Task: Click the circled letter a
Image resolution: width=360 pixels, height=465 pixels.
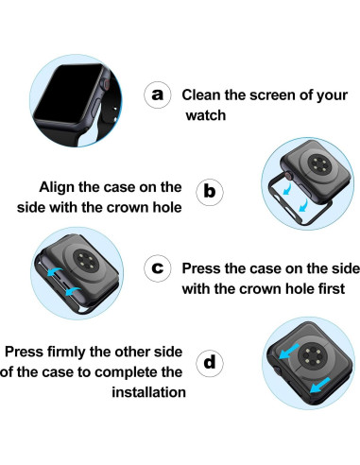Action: (158, 95)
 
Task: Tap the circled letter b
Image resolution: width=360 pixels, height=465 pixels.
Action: (210, 192)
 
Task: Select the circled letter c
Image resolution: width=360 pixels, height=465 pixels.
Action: (158, 268)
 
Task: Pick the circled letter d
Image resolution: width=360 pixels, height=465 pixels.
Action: (210, 363)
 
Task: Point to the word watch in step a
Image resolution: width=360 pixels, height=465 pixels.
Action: (206, 115)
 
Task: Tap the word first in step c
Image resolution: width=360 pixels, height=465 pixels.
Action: (332, 288)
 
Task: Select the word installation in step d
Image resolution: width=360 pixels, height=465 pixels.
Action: (148, 392)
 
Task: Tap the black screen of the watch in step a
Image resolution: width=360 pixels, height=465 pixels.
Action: (69, 93)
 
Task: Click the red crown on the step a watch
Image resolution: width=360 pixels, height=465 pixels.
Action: (107, 85)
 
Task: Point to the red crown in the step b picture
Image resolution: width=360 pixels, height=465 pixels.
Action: (288, 176)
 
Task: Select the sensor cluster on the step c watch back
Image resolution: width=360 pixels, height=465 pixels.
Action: (84, 260)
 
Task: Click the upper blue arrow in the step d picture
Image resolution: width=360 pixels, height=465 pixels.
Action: (289, 351)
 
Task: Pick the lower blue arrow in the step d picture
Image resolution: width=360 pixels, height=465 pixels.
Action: (320, 385)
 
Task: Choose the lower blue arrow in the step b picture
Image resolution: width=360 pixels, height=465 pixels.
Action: (303, 205)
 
